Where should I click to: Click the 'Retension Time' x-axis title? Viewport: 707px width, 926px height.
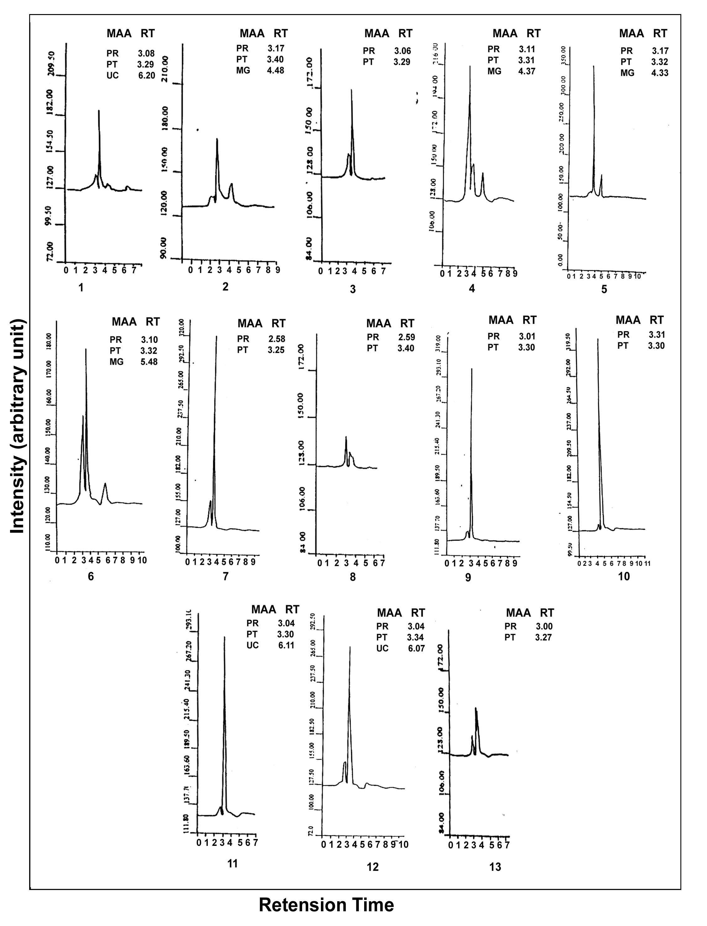(326, 905)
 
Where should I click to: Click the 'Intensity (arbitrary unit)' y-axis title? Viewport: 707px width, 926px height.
(17, 426)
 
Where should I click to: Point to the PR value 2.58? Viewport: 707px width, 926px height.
(276, 339)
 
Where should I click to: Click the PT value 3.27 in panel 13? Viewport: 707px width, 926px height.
(543, 638)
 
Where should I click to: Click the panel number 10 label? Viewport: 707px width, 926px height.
(624, 576)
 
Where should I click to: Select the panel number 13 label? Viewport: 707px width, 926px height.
(495, 867)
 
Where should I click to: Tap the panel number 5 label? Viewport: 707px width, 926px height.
(604, 289)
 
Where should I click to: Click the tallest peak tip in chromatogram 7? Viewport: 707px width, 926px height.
(217, 336)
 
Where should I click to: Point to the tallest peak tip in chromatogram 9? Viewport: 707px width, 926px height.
(472, 369)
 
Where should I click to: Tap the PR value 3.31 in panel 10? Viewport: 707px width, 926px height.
(657, 335)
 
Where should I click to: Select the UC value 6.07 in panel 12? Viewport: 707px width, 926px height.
(416, 648)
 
